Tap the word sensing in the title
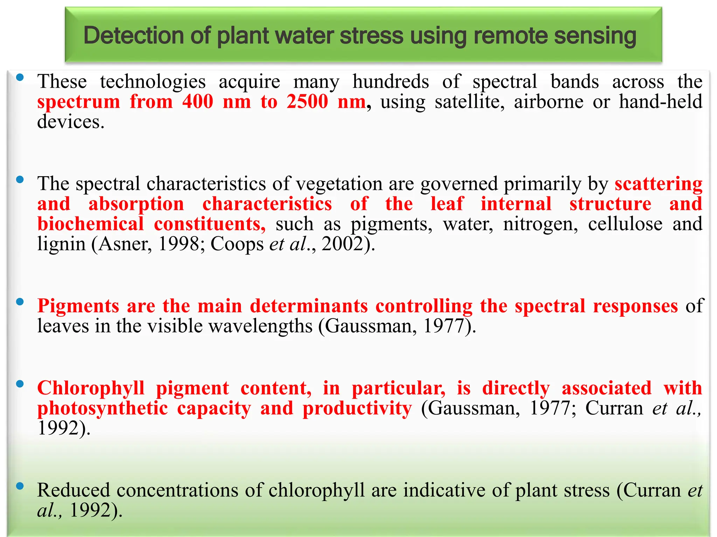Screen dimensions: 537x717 tap(595, 36)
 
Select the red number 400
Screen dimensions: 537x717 tap(197, 102)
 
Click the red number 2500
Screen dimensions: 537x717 tap(307, 102)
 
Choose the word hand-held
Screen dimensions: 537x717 tap(660, 102)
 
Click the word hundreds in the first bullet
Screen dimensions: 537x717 tap(390, 82)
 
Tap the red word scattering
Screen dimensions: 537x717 tap(658, 184)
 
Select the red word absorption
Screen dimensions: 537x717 tap(136, 204)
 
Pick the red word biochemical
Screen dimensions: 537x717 tap(90, 224)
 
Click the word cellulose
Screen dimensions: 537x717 tap(625, 224)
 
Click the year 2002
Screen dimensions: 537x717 tap(342, 244)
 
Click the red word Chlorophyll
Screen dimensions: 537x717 tap(91, 388)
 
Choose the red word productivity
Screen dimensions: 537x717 tap(357, 408)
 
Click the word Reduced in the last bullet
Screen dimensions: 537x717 tap(74, 490)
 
